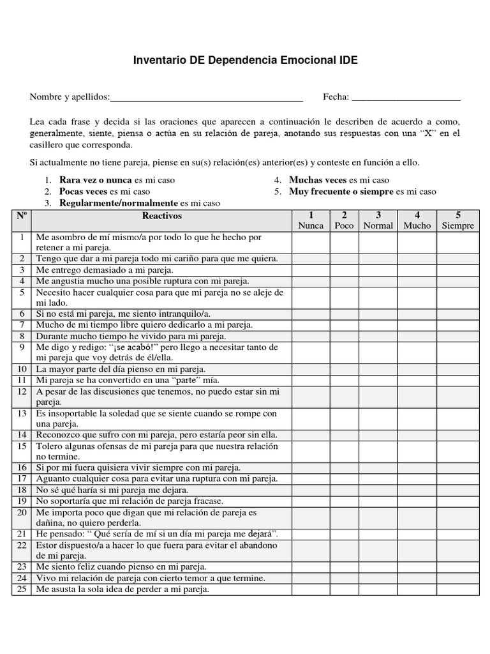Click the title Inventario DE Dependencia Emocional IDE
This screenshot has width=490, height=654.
[245, 61]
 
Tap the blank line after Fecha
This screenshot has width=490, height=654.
[406, 98]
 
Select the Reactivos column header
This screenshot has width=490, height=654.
[161, 216]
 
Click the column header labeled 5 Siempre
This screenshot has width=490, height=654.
[457, 220]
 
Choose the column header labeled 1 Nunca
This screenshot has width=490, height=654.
[311, 220]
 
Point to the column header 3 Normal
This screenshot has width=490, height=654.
[378, 220]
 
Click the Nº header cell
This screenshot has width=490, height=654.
[22, 216]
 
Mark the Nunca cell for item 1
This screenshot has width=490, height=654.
[311, 242]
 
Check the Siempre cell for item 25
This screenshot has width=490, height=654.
[457, 589]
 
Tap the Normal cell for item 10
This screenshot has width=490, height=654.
[378, 369]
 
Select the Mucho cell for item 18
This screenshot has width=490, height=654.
[417, 490]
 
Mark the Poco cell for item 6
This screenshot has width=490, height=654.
[344, 314]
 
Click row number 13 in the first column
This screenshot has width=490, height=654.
[22, 413]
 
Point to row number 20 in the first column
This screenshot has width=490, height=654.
[22, 512]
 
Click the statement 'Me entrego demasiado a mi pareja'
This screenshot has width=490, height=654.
[100, 270]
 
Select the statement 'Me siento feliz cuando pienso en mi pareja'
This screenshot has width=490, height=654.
[121, 567]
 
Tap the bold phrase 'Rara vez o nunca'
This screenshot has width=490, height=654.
[96, 180]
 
